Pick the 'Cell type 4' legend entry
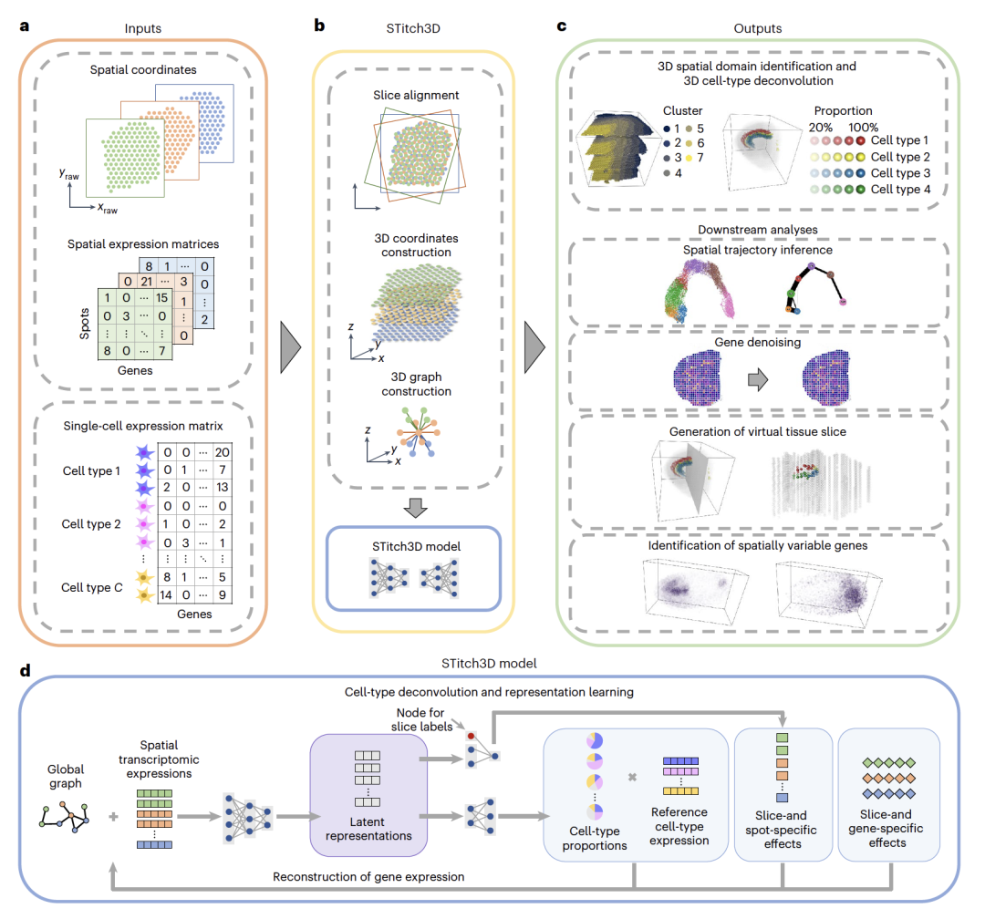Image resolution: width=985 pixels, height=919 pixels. [x=901, y=189]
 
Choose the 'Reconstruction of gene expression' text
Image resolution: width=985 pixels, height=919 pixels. [x=368, y=877]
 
